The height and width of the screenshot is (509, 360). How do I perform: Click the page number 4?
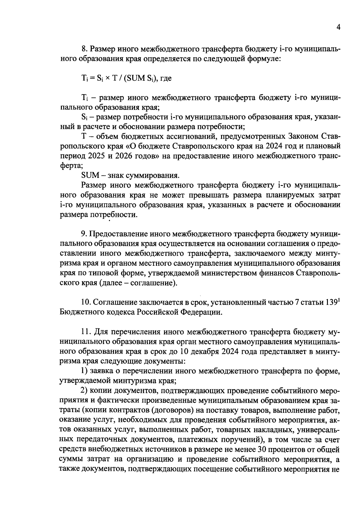coord(338,27)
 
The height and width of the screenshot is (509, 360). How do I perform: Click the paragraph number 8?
coord(84,49)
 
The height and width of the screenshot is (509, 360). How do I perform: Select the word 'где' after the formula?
coord(166,78)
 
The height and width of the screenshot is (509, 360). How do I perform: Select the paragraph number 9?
coord(84,234)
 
